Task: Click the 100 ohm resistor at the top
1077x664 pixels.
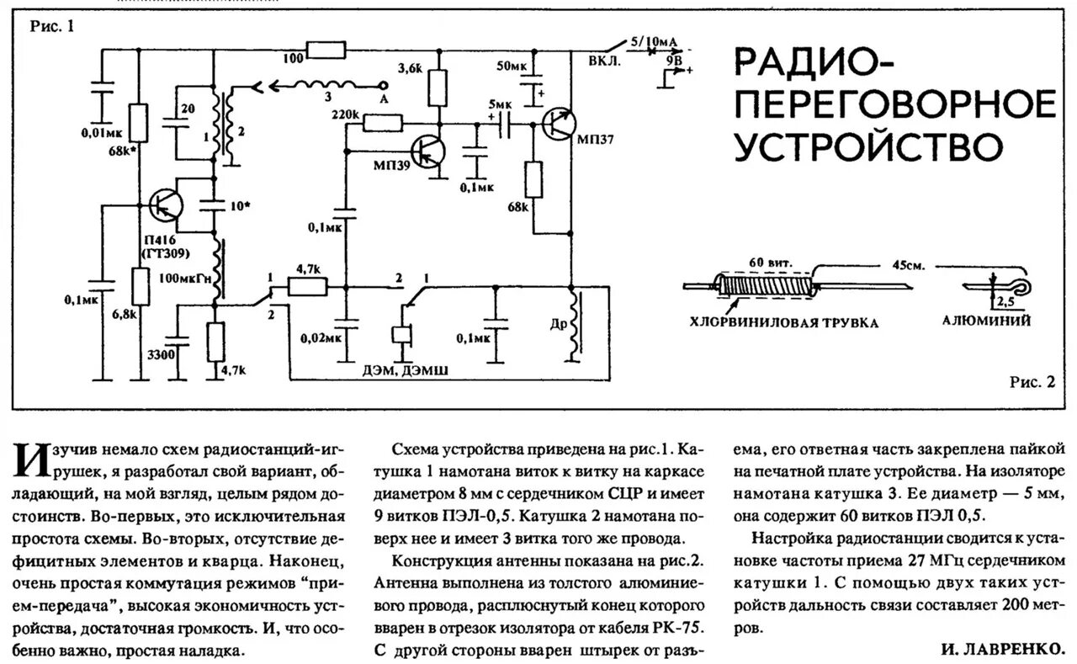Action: pos(326,50)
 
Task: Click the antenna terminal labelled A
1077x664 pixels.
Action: pos(385,98)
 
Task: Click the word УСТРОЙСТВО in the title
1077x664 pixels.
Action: pos(870,144)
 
